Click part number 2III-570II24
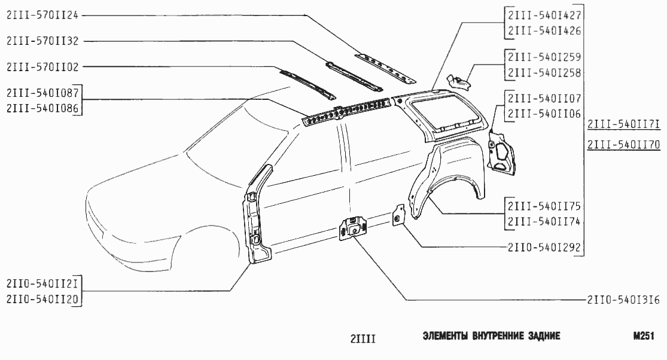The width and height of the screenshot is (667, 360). [42, 16]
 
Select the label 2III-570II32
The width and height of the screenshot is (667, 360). [42, 41]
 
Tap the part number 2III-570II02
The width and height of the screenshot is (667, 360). [42, 67]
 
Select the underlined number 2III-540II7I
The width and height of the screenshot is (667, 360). [623, 124]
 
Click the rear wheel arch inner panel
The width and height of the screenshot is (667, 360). [449, 179]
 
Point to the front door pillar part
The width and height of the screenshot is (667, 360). [256, 221]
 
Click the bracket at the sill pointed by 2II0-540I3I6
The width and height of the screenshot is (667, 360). [354, 227]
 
